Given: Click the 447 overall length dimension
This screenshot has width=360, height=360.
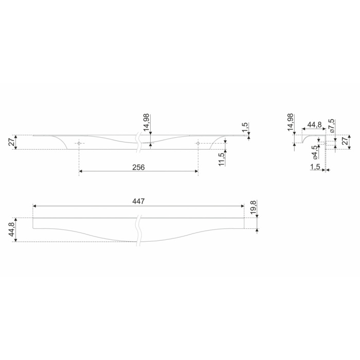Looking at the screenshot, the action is (138, 202).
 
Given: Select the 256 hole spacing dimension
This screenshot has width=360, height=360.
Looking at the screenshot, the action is (138, 167).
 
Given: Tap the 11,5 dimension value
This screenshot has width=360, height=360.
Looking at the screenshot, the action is (221, 159).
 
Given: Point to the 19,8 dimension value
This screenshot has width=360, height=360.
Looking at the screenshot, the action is (253, 207).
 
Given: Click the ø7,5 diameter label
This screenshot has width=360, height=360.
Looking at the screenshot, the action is (332, 126).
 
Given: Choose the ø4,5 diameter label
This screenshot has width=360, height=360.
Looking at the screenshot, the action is (315, 152).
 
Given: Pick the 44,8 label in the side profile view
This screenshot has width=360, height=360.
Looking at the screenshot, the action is (314, 124).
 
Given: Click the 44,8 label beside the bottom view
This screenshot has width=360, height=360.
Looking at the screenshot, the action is (11, 230).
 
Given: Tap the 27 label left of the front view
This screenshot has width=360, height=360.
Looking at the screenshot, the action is (11, 142).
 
